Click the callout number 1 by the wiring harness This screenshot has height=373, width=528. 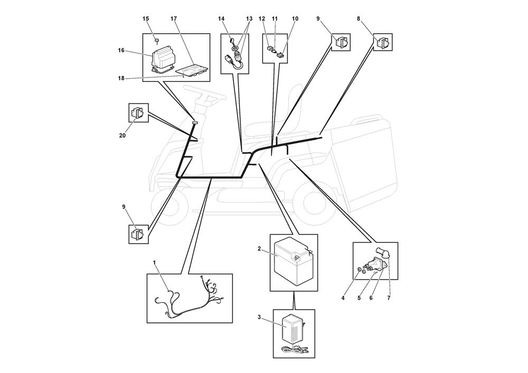[x=154, y=262]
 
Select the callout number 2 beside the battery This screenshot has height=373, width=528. [x=259, y=248]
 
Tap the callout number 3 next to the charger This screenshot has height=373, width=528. [x=259, y=317]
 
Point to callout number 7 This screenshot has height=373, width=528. [x=389, y=298]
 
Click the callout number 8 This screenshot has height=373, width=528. [x=359, y=19]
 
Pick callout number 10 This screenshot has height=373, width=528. [x=295, y=19]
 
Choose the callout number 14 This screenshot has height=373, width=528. [x=221, y=19]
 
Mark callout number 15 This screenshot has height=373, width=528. [x=146, y=19]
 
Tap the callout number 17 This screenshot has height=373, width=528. [x=173, y=19]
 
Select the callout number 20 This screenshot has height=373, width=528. [x=122, y=136]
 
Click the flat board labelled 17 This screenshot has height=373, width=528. [x=192, y=68]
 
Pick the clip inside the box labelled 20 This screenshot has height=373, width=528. [x=138, y=113]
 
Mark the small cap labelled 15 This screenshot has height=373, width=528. [x=157, y=40]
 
